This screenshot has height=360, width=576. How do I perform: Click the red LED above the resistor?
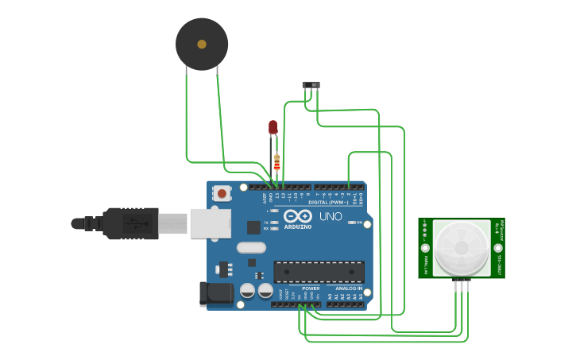(273, 126)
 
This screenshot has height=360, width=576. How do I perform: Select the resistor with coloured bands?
(276, 162)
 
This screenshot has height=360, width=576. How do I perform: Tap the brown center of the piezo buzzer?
(202, 45)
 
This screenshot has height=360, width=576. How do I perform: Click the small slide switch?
(311, 84)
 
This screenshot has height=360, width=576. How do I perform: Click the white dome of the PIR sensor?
(462, 247)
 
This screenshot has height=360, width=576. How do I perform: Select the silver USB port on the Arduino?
(210, 223)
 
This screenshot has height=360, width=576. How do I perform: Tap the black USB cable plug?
(127, 223)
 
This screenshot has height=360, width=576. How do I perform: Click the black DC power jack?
(215, 293)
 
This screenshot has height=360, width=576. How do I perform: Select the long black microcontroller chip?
(319, 272)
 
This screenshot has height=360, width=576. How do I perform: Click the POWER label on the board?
(300, 288)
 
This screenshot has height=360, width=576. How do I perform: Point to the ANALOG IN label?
(348, 288)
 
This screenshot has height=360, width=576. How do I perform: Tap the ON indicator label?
(359, 223)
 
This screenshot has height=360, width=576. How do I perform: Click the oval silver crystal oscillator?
(252, 247)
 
